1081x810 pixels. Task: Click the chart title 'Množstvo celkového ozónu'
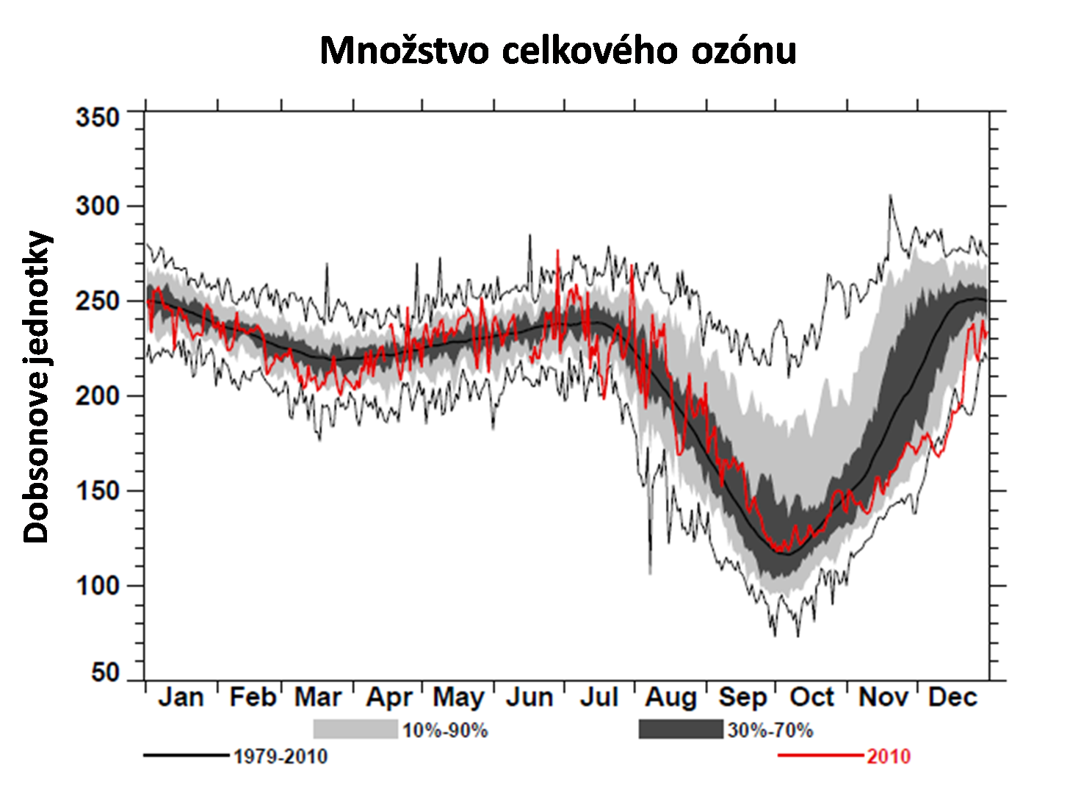[x=558, y=51]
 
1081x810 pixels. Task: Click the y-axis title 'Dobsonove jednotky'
[x=37, y=387]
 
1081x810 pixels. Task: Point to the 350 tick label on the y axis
[x=97, y=118]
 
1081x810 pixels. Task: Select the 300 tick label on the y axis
[x=97, y=206]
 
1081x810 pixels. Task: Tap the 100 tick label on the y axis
[x=97, y=586]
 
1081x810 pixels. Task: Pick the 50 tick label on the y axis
[x=105, y=672]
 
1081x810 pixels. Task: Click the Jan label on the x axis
[x=181, y=697]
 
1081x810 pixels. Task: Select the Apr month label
[x=389, y=697]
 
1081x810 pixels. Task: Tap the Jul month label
[x=599, y=697]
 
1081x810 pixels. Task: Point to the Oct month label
[x=811, y=697]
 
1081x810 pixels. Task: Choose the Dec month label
[x=952, y=697]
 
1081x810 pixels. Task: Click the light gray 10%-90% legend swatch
[x=355, y=729]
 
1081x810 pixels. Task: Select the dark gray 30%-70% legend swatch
[x=681, y=729]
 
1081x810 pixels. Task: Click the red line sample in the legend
[x=820, y=756]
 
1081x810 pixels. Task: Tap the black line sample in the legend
[x=187, y=756]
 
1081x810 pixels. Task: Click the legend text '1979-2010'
[x=281, y=756]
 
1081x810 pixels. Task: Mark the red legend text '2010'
[x=889, y=756]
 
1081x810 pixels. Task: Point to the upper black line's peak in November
[x=890, y=196]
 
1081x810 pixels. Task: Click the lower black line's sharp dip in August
[x=650, y=573]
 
